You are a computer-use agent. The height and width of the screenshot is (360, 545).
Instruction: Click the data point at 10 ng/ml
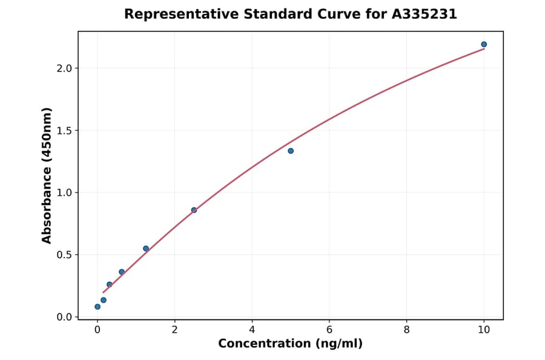(x=484, y=44)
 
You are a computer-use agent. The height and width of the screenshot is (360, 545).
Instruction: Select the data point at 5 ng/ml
(x=291, y=151)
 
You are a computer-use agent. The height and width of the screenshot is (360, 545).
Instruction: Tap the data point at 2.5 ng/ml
(x=194, y=210)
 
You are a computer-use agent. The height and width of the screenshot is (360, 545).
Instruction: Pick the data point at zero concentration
(x=97, y=307)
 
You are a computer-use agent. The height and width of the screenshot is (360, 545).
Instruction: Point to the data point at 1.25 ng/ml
(x=146, y=248)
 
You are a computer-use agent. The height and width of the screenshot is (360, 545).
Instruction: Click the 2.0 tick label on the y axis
(x=64, y=68)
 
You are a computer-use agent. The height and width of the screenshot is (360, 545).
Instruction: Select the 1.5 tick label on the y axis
(x=64, y=130)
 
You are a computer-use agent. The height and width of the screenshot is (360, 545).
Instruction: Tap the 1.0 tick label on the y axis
(x=64, y=193)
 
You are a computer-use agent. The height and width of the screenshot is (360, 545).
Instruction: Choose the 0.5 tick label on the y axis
(x=64, y=255)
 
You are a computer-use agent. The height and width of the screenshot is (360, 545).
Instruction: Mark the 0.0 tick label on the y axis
(x=64, y=317)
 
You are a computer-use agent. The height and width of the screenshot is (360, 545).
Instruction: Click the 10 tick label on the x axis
(x=484, y=330)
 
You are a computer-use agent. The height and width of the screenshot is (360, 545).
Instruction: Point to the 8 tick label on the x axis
(x=406, y=330)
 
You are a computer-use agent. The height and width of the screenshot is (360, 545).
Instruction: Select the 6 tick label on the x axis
(x=329, y=330)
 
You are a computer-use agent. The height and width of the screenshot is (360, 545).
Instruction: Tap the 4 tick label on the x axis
(x=252, y=330)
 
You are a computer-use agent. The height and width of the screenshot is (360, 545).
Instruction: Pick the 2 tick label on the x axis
(x=174, y=330)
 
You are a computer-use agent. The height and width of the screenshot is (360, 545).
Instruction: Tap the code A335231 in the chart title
(x=424, y=14)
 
